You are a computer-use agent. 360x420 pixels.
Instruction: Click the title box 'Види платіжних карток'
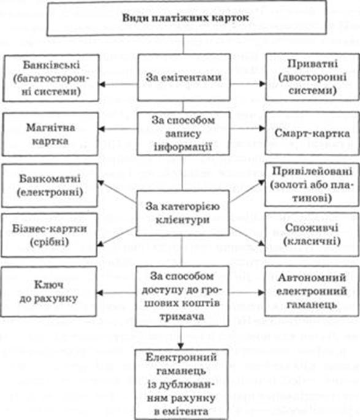[x=186, y=18]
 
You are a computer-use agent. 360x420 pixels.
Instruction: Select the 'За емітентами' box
[x=184, y=77]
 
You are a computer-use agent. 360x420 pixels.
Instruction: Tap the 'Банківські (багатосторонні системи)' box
[x=51, y=78]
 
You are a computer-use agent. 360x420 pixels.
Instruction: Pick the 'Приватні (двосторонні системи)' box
[x=312, y=77]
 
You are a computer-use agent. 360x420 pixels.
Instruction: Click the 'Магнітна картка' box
[x=50, y=134]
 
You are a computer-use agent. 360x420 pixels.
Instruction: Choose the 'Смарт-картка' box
[x=312, y=134]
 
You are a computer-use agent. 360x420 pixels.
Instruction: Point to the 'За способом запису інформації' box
[x=183, y=134]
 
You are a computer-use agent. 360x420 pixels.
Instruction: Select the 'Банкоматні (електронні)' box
[x=50, y=185]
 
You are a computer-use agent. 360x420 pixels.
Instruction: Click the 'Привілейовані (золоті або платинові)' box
[x=312, y=185]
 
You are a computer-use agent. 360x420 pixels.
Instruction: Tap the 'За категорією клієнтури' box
[x=183, y=213]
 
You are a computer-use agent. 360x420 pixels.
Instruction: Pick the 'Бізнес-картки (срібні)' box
[x=49, y=235]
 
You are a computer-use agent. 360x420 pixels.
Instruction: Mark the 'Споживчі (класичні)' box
[x=312, y=234]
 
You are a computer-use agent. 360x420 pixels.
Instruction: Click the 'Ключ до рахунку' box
[x=48, y=291]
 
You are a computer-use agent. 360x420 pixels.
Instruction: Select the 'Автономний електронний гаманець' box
[x=312, y=291]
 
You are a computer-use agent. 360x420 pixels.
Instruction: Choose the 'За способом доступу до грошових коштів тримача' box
[x=182, y=296]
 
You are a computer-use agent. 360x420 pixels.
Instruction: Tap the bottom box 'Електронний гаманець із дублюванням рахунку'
[x=182, y=384]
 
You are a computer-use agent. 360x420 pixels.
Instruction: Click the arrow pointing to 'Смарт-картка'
[x=248, y=128]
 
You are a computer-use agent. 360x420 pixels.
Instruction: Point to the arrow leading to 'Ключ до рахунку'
[x=116, y=292]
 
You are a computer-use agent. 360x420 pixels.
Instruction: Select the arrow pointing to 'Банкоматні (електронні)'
[x=117, y=192]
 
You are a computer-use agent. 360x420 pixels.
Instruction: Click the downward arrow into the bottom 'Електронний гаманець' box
[x=181, y=338]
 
